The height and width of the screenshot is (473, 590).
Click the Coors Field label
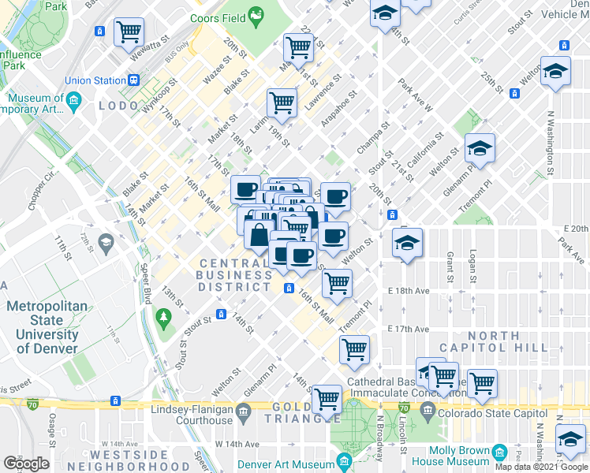(x=217, y=17)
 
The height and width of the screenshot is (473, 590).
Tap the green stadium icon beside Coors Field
(x=256, y=15)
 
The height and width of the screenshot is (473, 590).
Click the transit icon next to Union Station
(x=134, y=80)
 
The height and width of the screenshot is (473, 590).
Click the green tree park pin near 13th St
(x=164, y=318)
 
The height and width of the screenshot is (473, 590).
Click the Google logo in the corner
(x=26, y=464)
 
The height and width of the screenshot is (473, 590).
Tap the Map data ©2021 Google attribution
(x=541, y=467)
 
